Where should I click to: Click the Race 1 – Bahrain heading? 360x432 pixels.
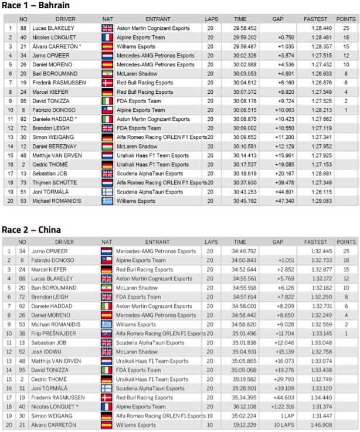[36, 6]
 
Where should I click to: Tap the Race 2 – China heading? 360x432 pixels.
[32, 230]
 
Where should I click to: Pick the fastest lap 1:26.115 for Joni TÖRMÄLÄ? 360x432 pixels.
[320, 191]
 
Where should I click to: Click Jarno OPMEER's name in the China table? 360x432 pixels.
[49, 251]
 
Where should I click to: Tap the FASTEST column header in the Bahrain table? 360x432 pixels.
[316, 19]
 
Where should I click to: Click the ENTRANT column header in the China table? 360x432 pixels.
[157, 242]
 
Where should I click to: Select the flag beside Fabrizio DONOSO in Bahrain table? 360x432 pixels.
[107, 110]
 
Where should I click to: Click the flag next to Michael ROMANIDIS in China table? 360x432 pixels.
[107, 325]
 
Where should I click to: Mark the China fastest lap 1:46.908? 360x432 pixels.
[320, 424]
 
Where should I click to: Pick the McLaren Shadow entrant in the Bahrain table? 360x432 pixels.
[137, 73]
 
